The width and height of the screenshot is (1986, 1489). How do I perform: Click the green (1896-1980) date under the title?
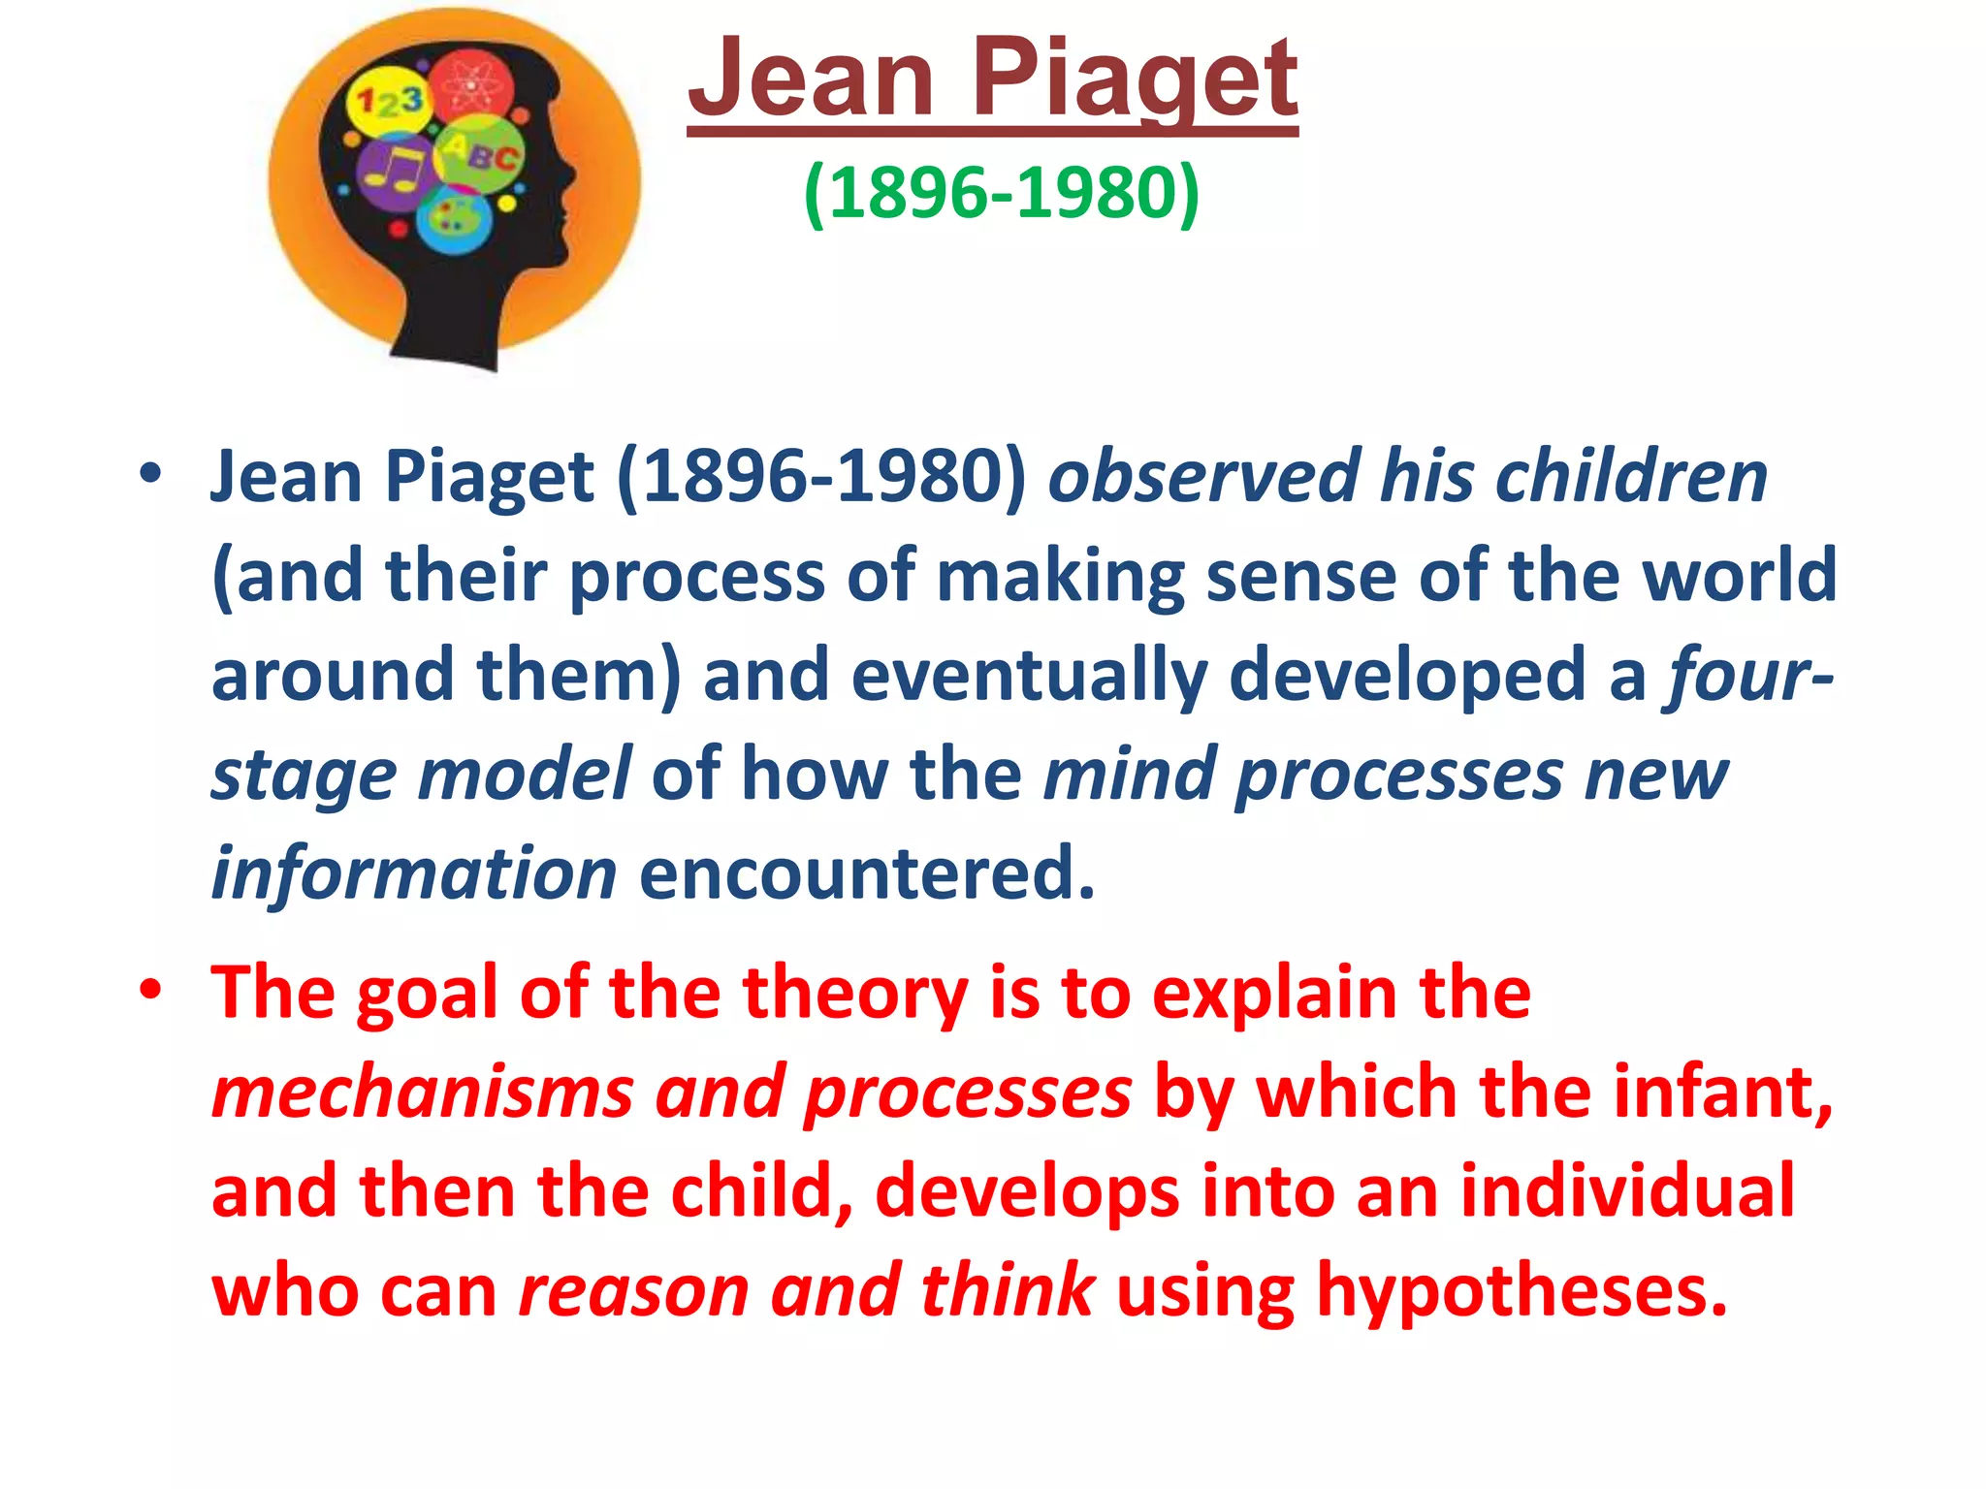point(1002,193)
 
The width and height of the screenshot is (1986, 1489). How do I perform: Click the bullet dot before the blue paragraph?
point(149,475)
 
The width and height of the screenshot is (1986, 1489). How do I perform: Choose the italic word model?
point(524,775)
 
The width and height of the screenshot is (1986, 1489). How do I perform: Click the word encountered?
point(867,873)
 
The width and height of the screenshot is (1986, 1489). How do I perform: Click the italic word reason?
point(634,1291)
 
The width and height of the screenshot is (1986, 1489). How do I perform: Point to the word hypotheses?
point(1522,1291)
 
